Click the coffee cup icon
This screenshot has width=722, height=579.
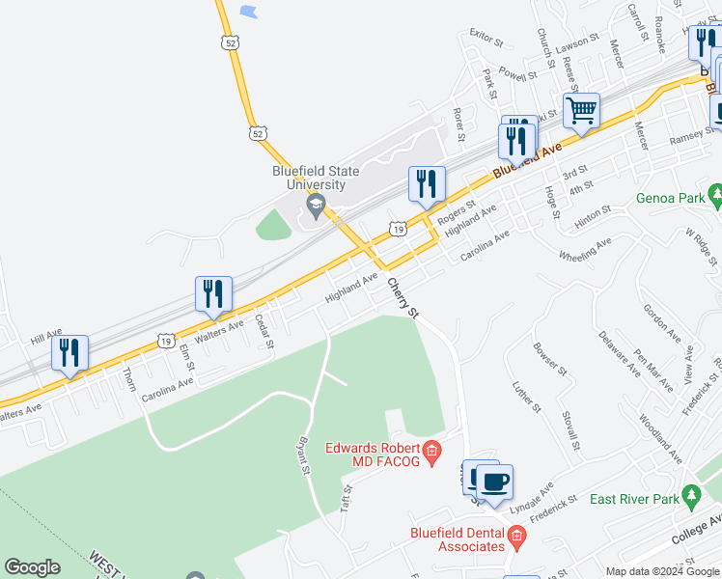click(494, 482)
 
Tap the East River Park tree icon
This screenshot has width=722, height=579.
click(690, 496)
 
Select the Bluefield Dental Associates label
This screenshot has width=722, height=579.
click(458, 541)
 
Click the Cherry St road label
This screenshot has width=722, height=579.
click(403, 299)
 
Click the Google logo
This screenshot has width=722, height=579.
click(32, 567)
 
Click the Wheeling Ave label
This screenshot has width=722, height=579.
click(585, 250)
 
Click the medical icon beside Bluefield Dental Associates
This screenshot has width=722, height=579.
click(516, 536)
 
